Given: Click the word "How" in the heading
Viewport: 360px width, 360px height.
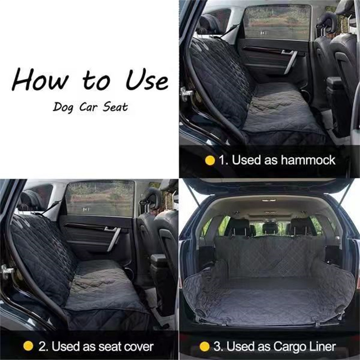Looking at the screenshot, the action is (x=40, y=79).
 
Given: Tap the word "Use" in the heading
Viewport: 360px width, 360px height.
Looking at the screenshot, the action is (x=147, y=80).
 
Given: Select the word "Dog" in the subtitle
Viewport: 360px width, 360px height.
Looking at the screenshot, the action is (x=63, y=107).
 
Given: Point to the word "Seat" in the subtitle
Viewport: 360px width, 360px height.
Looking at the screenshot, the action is (x=115, y=107).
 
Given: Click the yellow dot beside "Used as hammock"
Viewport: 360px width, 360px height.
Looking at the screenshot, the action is (x=210, y=161).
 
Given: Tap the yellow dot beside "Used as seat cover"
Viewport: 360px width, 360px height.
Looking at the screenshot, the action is (x=28, y=346).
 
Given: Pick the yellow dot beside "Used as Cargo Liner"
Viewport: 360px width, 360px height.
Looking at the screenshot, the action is (x=204, y=346).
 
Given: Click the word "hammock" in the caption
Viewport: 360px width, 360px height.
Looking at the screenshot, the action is (x=308, y=160).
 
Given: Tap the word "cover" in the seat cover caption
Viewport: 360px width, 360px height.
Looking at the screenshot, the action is (x=139, y=346).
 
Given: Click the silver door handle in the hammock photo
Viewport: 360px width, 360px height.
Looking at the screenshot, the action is (x=290, y=60).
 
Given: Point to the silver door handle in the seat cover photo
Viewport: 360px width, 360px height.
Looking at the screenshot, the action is (x=113, y=238).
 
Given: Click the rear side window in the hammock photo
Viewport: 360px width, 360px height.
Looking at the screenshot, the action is (x=277, y=22).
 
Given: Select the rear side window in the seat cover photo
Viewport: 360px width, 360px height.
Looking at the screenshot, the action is (x=100, y=198).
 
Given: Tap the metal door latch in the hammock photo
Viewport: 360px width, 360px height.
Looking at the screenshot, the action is (x=186, y=94).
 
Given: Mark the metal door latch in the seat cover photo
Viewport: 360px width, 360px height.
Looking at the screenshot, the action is (x=6, y=272).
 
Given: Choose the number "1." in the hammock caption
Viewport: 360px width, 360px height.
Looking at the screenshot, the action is (x=224, y=160).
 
